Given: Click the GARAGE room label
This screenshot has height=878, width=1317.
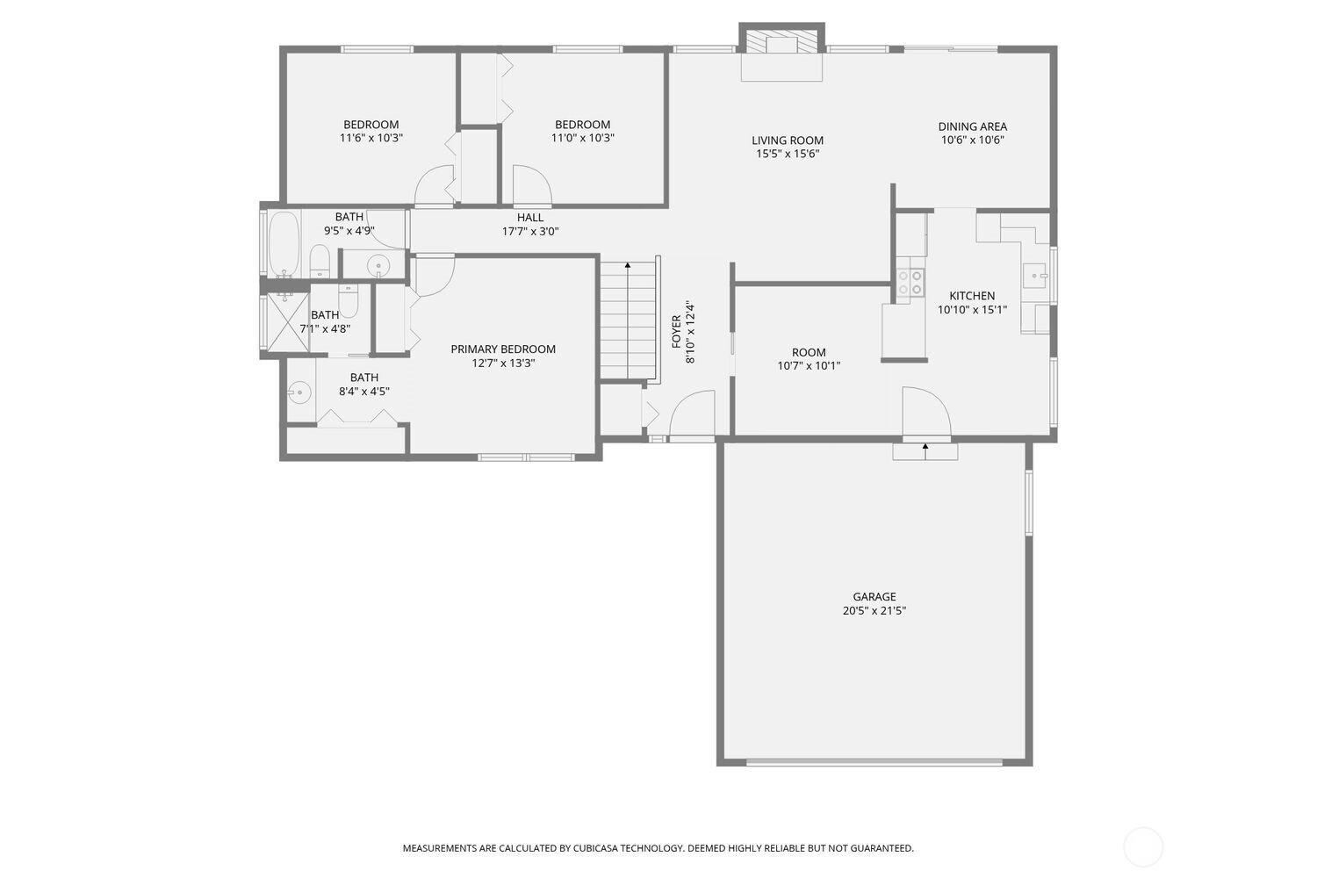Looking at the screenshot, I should point(874,597).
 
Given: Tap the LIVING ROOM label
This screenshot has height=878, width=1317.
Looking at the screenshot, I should point(788,140).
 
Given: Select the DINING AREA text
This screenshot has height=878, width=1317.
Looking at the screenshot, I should point(972,126).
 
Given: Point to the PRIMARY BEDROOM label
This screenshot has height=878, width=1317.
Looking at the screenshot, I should point(503,349).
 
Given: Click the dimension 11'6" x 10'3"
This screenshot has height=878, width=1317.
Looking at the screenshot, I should point(371,138).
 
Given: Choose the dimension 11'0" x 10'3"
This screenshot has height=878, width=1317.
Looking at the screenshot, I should point(582,138).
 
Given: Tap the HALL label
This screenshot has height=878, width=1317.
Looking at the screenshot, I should point(529,218).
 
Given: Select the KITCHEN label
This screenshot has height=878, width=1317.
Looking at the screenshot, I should point(972,296).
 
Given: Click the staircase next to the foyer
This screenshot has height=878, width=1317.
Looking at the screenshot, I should point(628,320).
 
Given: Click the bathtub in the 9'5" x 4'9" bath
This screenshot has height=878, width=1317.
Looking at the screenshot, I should point(284,243).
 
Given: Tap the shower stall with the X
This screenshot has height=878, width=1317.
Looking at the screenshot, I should point(285,323).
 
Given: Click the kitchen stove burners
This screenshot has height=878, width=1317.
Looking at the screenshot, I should point(910,281).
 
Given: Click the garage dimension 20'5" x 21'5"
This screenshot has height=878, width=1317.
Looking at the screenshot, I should point(874,611).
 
